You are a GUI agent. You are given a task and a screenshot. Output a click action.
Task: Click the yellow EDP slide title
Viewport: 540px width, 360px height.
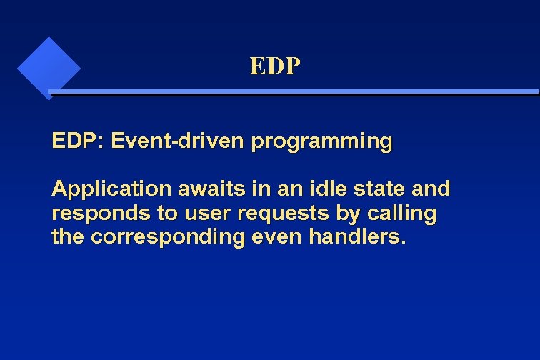[275, 66]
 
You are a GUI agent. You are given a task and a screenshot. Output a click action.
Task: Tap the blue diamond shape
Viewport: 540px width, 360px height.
[48, 68]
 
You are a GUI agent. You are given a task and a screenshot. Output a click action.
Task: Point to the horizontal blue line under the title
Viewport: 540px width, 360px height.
[293, 92]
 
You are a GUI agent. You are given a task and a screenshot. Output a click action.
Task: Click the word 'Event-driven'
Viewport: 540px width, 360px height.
[178, 141]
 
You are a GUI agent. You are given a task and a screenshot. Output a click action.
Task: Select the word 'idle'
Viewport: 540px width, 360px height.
[318, 189]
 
